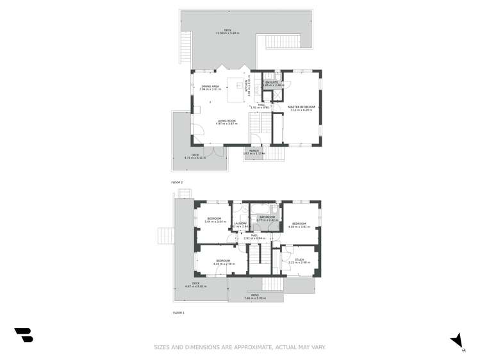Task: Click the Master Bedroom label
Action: coord(301,106)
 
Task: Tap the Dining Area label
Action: coord(210,86)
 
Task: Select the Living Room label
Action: coord(226,120)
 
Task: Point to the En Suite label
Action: coord(274,82)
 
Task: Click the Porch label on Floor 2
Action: coord(254,151)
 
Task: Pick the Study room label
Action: coord(299,259)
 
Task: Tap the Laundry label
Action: coord(240,224)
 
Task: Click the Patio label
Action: coord(255,295)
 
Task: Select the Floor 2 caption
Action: coord(177,183)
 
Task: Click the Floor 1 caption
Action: coord(179,313)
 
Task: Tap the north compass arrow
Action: coord(458,341)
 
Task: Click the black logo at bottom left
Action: coord(24,334)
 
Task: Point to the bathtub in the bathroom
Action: coord(260,209)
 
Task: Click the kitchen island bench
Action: coord(242,86)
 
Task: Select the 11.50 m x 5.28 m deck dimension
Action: coord(228,33)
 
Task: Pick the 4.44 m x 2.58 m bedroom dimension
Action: coord(222,264)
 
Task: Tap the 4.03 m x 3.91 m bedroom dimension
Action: coord(299,227)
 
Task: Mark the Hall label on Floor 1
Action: coord(254,235)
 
